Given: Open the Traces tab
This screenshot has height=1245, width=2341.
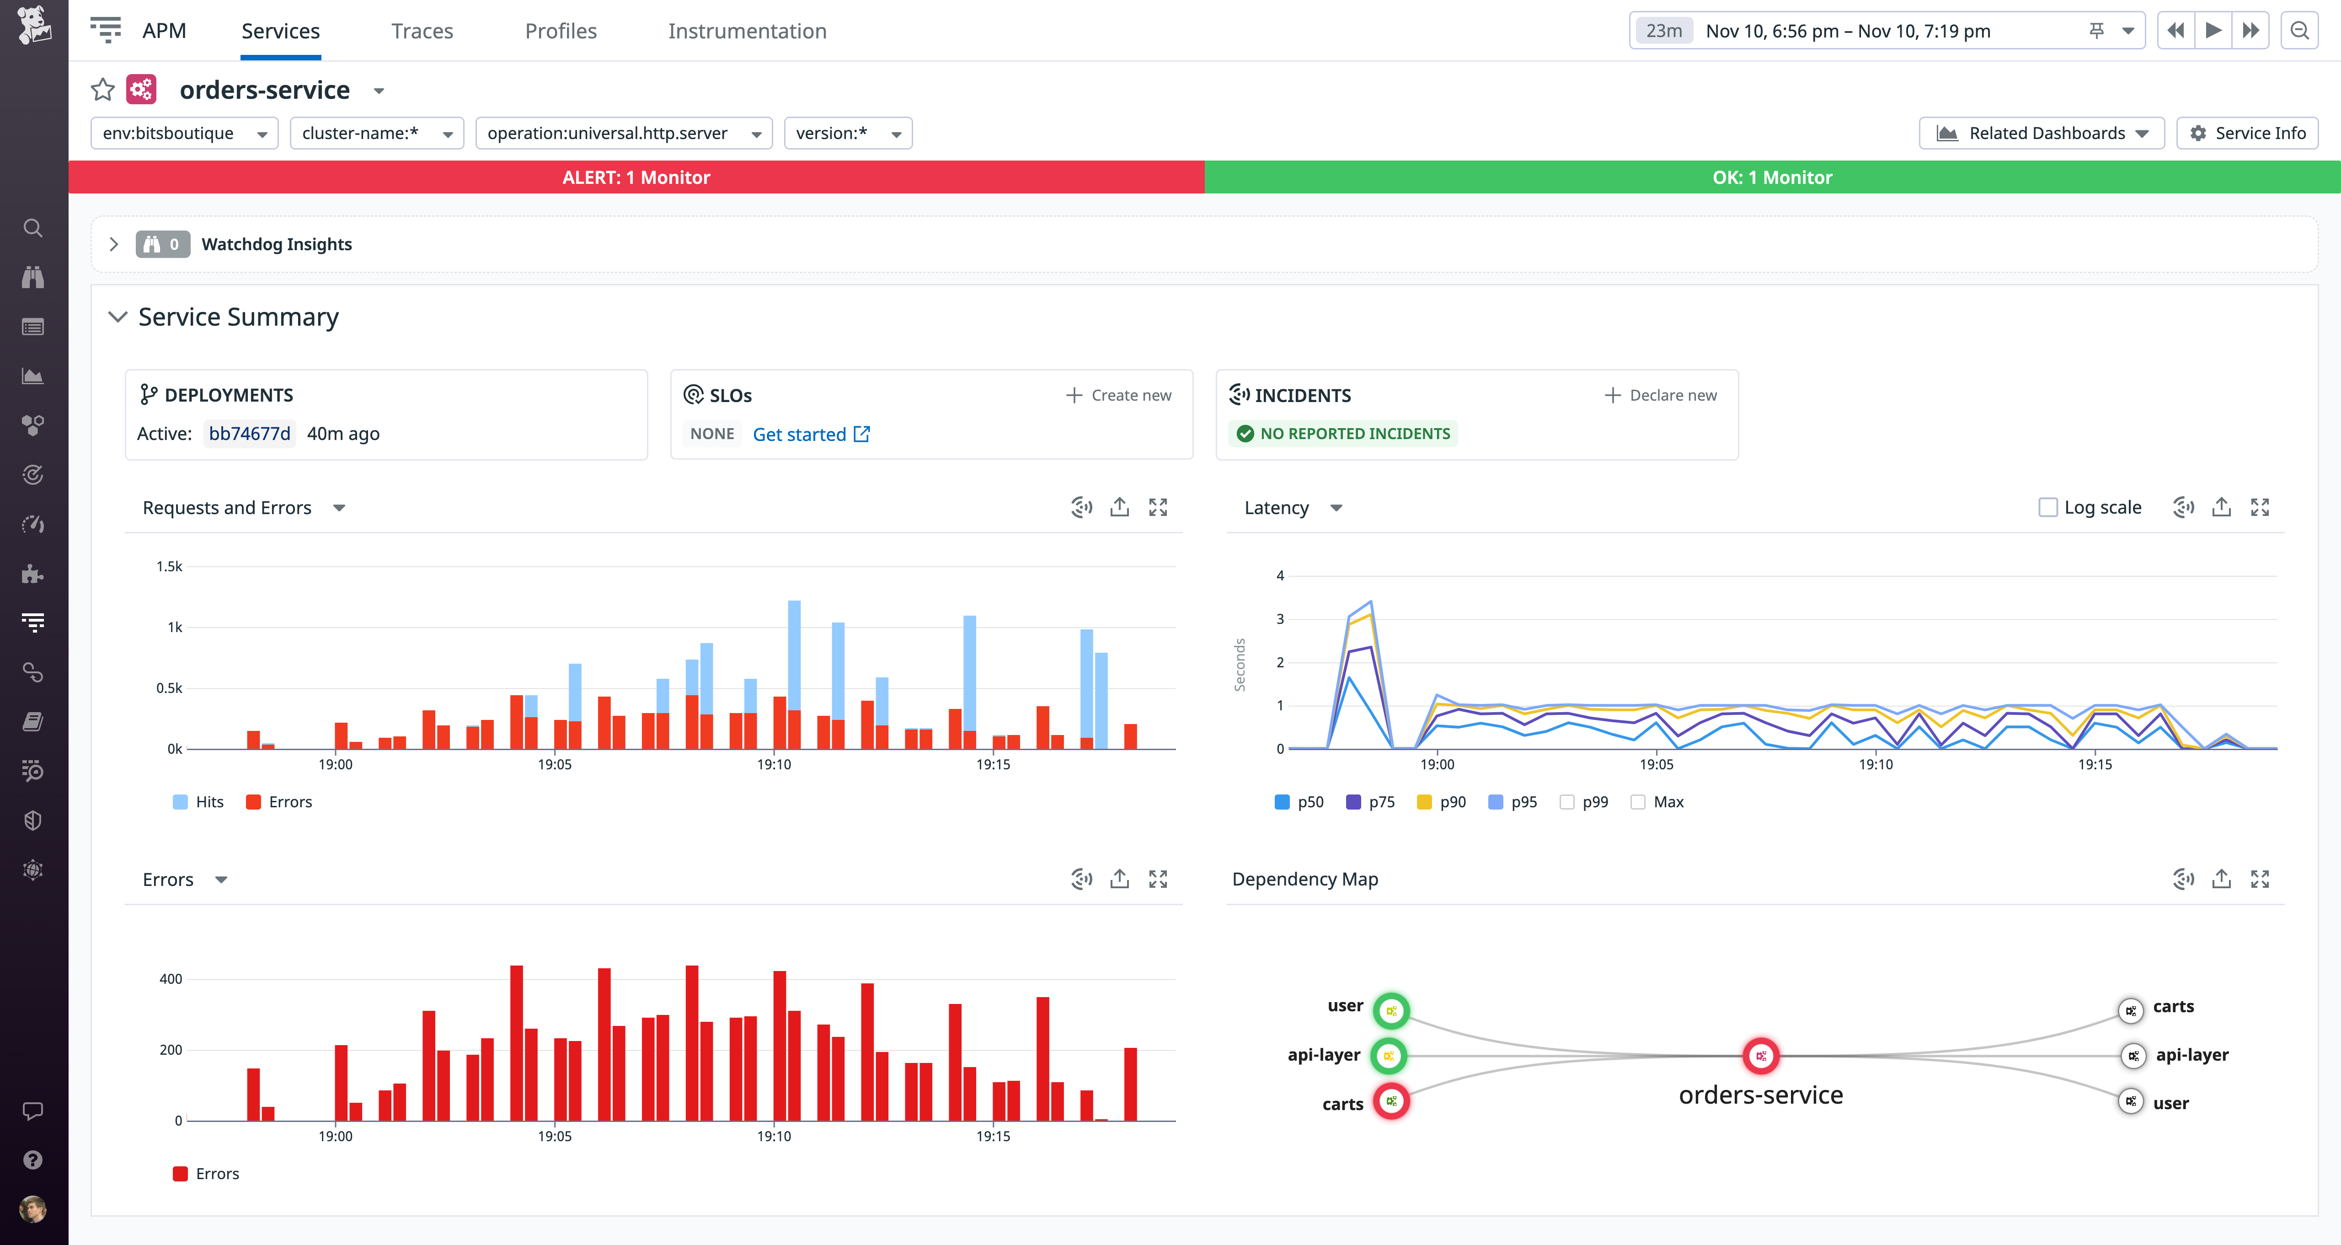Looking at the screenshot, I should pyautogui.click(x=422, y=31).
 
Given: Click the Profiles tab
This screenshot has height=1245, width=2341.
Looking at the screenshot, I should pyautogui.click(x=561, y=31).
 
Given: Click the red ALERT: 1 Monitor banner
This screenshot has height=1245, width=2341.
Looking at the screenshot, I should pyautogui.click(x=636, y=177).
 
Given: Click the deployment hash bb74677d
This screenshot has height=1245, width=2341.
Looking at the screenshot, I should pyautogui.click(x=249, y=434).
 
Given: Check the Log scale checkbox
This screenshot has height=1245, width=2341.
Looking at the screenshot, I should pyautogui.click(x=2047, y=507).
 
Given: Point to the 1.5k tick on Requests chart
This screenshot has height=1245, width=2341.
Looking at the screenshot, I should pyautogui.click(x=169, y=566).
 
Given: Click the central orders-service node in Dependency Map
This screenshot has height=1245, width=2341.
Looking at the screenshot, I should pyautogui.click(x=1760, y=1056).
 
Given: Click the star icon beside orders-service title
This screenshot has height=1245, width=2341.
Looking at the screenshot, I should pyautogui.click(x=103, y=90).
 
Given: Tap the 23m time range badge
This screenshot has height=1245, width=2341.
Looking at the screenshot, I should pyautogui.click(x=1663, y=31).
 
